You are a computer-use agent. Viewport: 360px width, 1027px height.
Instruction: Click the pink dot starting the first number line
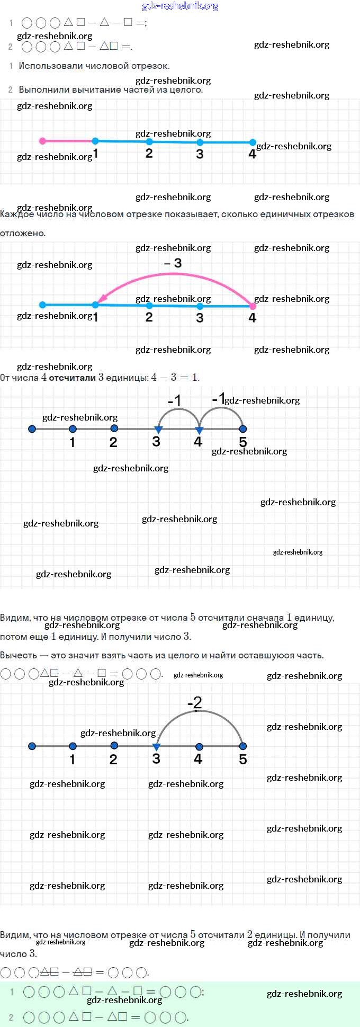(42, 141)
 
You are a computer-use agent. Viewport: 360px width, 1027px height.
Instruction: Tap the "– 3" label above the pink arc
(173, 263)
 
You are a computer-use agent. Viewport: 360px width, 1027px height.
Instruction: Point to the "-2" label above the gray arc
(195, 702)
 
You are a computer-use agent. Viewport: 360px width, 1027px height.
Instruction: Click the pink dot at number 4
(253, 306)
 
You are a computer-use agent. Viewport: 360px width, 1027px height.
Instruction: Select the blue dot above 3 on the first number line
(200, 142)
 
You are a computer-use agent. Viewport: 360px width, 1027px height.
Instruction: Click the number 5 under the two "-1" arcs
(242, 442)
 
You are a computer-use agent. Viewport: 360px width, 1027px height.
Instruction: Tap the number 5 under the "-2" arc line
(242, 759)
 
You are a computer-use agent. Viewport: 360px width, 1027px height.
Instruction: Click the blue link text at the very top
(180, 6)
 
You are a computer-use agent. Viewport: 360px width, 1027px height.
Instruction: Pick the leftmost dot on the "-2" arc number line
(32, 746)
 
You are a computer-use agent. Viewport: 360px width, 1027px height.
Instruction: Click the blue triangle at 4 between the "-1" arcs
(199, 430)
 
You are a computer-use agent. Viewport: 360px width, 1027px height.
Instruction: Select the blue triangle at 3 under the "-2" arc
(156, 747)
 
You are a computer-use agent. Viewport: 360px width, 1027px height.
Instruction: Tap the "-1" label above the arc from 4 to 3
(175, 401)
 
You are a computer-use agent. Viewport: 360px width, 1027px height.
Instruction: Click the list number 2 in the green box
(11, 1017)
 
